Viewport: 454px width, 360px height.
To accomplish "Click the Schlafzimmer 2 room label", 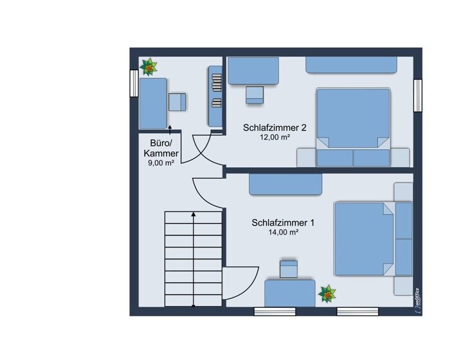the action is [x=275, y=128].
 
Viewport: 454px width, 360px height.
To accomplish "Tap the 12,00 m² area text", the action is [x=275, y=137].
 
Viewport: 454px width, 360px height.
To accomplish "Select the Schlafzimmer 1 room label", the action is [x=283, y=222].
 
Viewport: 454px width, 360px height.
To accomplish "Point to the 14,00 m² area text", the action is [x=283, y=232].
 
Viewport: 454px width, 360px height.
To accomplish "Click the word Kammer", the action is [x=161, y=154].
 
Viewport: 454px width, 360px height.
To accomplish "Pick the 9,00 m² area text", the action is [x=161, y=163].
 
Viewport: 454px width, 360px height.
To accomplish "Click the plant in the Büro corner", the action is [x=149, y=67].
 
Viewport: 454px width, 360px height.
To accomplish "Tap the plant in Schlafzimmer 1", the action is [x=327, y=294].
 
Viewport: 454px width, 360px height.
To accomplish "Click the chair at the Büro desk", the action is [x=177, y=102].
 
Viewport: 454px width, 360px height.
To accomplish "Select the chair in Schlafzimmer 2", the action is [x=255, y=94].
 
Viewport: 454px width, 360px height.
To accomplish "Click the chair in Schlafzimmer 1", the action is [x=289, y=269].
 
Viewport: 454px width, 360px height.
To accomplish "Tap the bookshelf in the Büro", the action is [x=215, y=96].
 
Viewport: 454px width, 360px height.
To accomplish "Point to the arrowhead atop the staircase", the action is [x=194, y=214].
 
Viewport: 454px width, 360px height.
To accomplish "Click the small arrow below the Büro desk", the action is [x=170, y=130].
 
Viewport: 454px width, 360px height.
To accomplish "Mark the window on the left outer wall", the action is [x=134, y=84].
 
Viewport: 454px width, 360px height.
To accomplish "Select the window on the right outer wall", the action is [x=418, y=95].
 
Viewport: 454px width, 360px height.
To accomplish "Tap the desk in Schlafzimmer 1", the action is [x=290, y=293].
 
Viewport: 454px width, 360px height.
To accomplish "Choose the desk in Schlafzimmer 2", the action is [x=253, y=71].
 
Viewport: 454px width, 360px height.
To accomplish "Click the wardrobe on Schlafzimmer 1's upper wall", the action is [x=286, y=184].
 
